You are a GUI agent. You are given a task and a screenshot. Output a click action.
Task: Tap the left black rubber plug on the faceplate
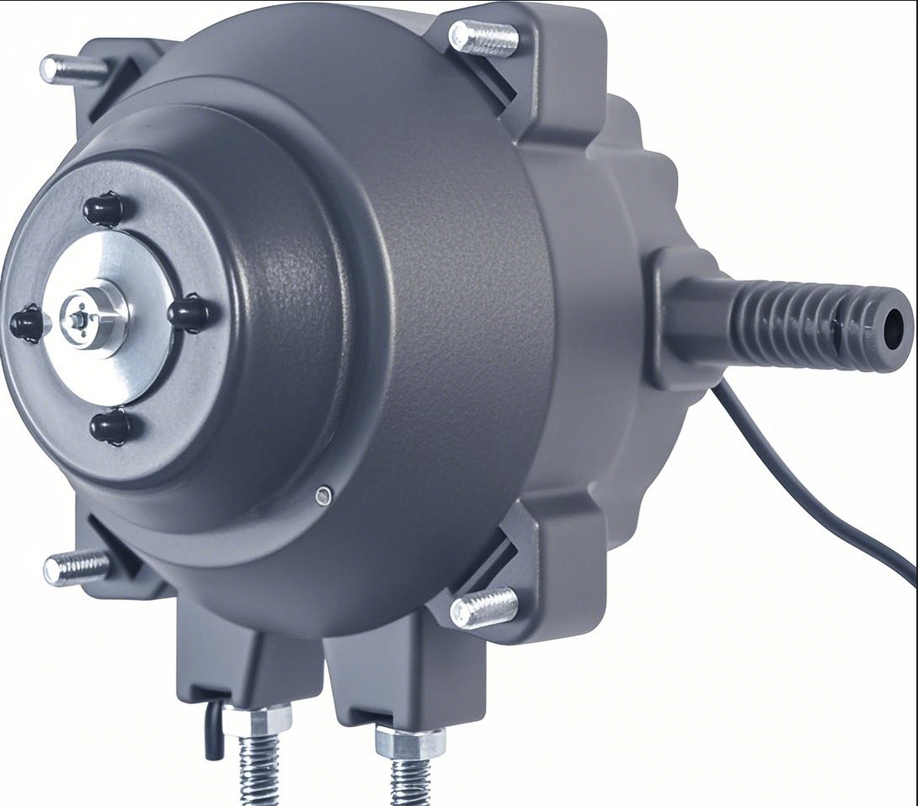27,323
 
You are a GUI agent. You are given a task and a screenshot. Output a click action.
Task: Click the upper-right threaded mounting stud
483,38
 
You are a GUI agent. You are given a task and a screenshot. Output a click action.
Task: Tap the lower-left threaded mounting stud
77,568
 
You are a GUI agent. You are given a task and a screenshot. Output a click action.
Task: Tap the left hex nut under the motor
257,721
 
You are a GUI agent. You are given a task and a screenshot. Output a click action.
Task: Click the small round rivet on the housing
323,496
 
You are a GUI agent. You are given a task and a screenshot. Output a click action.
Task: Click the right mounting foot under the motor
396,674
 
